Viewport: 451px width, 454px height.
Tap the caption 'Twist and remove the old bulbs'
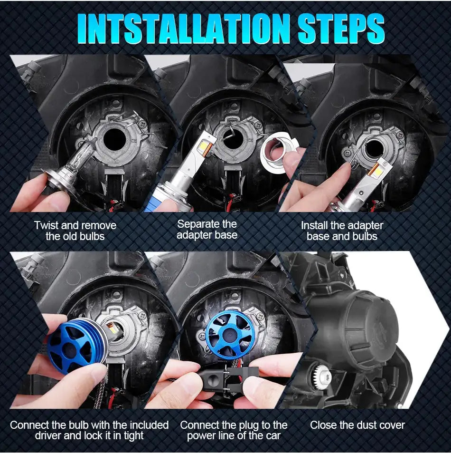(75, 231)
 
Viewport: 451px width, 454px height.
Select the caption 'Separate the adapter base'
(207, 229)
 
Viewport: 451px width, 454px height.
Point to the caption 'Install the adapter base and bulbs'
(342, 231)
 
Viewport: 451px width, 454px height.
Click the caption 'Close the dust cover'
(357, 425)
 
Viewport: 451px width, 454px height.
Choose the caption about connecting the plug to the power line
(234, 430)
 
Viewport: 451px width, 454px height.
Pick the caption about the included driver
(89, 430)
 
